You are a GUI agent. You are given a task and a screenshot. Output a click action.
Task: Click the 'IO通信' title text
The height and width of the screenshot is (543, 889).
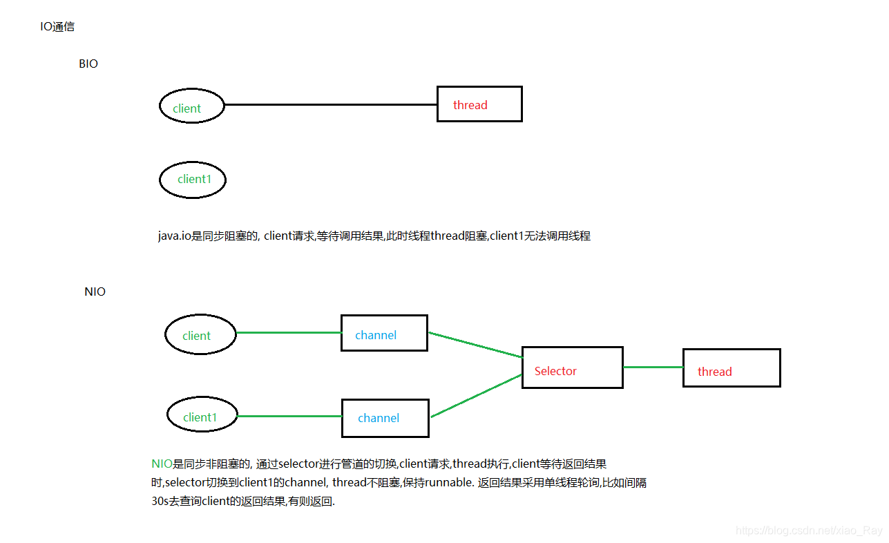(x=57, y=28)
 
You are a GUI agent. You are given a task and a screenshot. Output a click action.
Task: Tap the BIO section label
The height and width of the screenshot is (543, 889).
(x=88, y=64)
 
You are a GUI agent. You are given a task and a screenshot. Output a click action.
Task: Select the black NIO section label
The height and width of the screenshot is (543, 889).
(x=95, y=292)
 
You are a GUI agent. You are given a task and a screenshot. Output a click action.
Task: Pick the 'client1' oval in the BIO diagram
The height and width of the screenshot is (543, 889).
(x=193, y=179)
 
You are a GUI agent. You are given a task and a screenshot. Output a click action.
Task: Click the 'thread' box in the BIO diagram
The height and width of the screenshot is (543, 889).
(x=479, y=104)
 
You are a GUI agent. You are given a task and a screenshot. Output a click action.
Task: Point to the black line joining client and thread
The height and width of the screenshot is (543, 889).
(x=332, y=105)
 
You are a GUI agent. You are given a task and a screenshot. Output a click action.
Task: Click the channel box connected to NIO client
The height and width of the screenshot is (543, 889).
(x=384, y=334)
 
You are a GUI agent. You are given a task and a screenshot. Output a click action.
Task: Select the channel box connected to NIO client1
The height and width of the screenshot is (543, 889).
(x=385, y=418)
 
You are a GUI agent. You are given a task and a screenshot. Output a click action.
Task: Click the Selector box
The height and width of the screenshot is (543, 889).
(x=572, y=368)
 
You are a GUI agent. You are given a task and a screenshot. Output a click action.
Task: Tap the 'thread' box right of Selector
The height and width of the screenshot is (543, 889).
(x=731, y=368)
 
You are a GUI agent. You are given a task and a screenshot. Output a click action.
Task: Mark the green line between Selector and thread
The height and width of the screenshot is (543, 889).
(x=653, y=368)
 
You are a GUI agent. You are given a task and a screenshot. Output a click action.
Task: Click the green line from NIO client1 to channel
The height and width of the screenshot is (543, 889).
(x=290, y=417)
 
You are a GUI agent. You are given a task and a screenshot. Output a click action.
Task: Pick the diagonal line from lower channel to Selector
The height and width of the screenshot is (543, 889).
(x=477, y=395)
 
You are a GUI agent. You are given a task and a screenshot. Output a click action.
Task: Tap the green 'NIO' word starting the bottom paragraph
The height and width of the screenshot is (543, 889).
(x=162, y=464)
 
